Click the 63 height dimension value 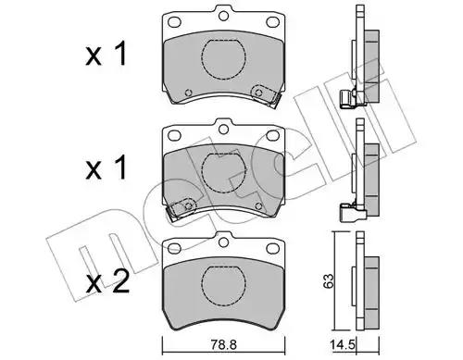pyautogui.click(x=328, y=280)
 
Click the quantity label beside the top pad pyautogui.click(x=106, y=55)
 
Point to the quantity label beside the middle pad pyautogui.click(x=106, y=168)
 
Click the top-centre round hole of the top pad pyautogui.click(x=223, y=16)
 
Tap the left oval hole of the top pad pyautogui.click(x=174, y=22)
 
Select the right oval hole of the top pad pyautogui.click(x=272, y=22)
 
